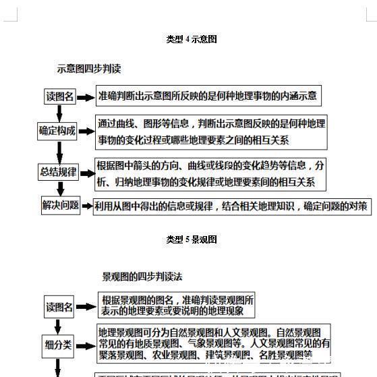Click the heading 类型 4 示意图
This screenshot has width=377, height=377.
point(192,39)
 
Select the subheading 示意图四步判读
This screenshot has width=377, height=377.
point(88,69)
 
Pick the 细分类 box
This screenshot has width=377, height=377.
point(59,345)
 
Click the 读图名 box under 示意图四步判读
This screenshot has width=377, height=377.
point(60,96)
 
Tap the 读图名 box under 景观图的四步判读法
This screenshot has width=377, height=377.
point(59,307)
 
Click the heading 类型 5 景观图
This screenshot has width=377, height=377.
point(192,239)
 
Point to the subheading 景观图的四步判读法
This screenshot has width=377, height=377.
point(142,277)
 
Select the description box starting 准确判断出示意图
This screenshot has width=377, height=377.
point(208,96)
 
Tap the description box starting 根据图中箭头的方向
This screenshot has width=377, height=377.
point(210,173)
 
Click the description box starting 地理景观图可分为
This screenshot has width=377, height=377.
point(214,343)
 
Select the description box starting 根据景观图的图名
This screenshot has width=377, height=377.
point(178,306)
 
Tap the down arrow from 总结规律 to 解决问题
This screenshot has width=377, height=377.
point(59,189)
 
